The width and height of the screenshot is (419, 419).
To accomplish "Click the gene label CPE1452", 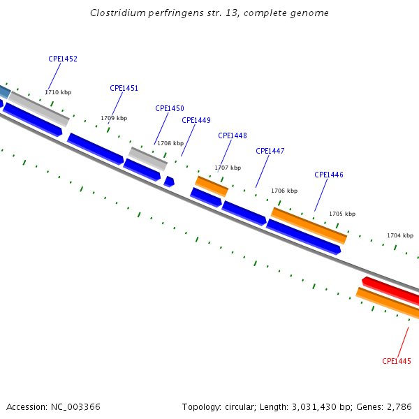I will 63,59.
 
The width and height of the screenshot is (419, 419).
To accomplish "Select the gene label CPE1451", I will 124,88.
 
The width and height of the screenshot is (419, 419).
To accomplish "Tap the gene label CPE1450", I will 170,108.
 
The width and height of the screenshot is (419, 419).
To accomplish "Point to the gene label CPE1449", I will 196,120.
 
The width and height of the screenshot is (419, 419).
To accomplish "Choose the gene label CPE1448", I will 233,135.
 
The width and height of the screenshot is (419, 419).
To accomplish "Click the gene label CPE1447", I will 270,151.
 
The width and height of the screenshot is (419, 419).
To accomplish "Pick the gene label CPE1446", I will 329,175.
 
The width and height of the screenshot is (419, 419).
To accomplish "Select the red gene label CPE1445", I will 397,361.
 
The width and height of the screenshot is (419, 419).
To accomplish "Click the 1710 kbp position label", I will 58,92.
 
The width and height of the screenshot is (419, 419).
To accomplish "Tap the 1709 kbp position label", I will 114,118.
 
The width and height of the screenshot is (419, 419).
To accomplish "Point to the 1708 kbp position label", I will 170,143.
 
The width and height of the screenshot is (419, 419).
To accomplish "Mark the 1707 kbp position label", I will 228,168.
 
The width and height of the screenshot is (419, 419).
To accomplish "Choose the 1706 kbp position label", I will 284,191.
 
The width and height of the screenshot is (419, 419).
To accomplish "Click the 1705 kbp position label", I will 342,214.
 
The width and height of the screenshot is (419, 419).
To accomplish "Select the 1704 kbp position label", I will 400,235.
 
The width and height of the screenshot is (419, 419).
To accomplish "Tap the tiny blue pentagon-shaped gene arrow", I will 169,182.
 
